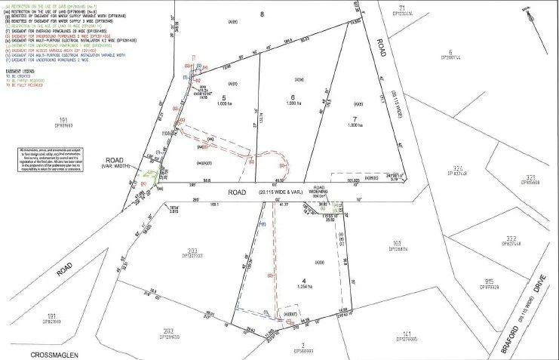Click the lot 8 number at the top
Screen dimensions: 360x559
click(x=261, y=14)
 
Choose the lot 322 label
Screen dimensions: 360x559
click(x=490, y=241)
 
